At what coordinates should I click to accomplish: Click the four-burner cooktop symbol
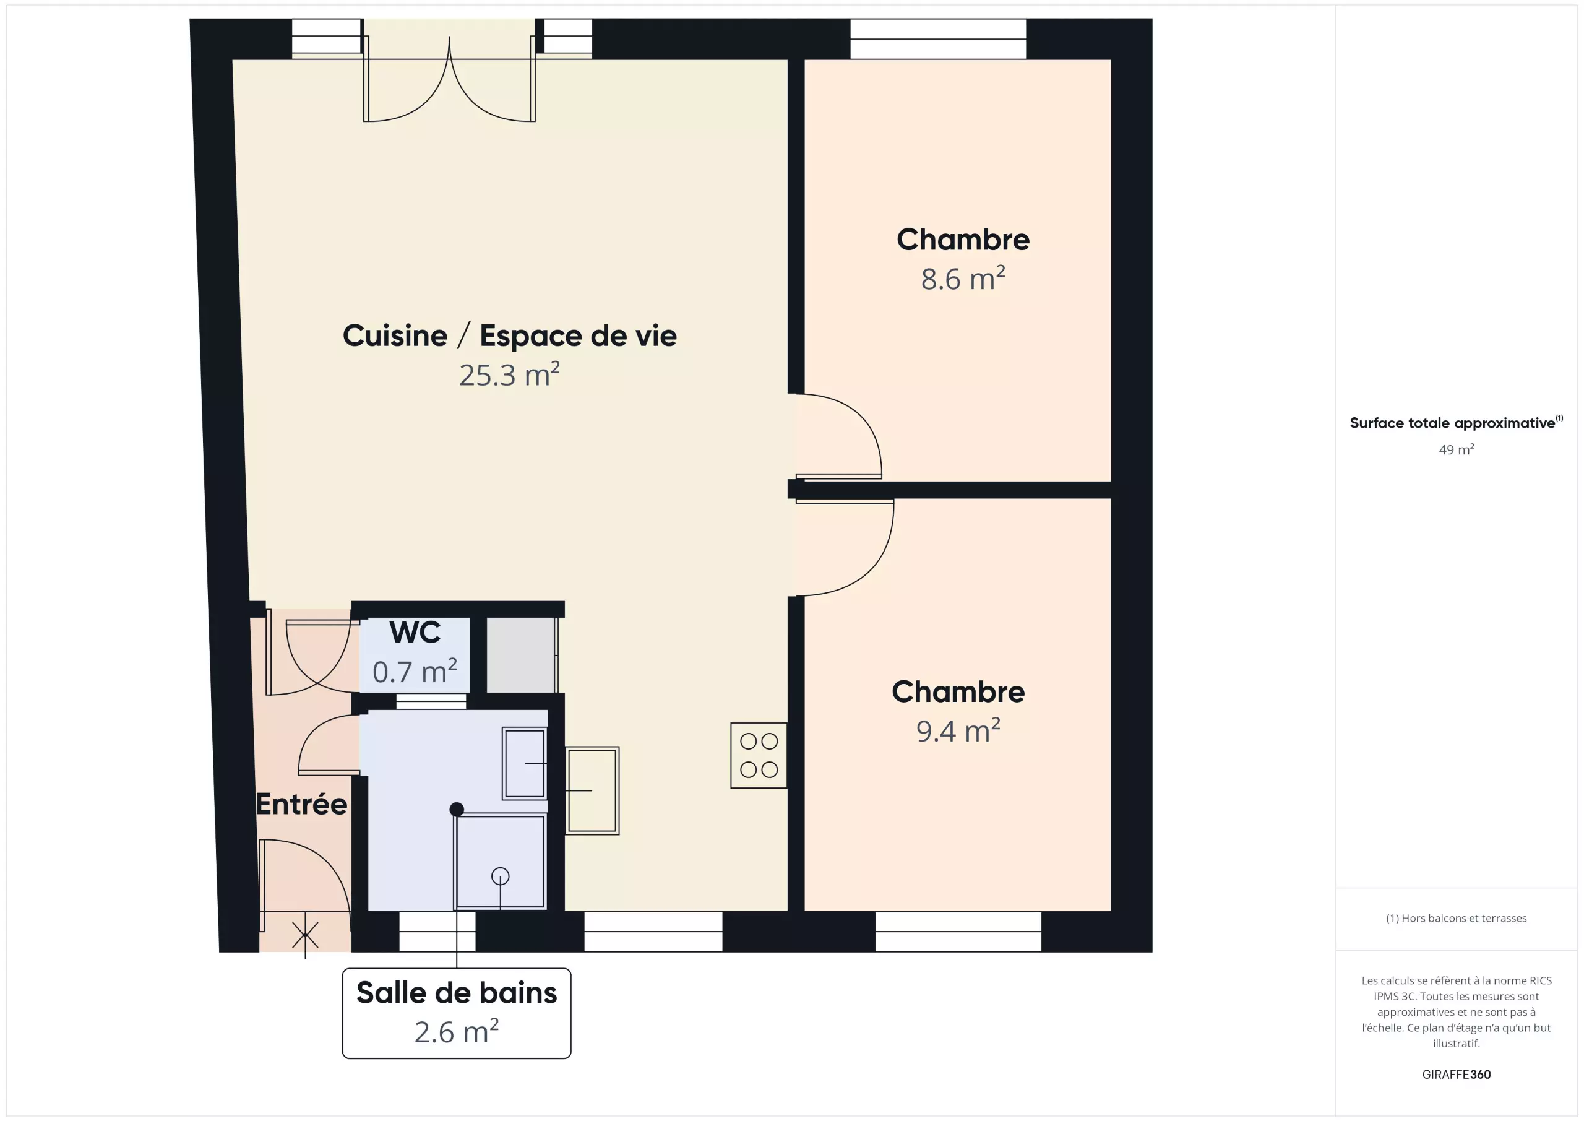tap(759, 755)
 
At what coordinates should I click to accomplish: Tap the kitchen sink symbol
tap(592, 790)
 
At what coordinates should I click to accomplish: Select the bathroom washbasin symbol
tap(524, 763)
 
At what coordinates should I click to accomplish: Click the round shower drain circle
tap(500, 876)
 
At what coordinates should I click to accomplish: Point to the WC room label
tap(415, 632)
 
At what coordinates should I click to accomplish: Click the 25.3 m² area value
tap(509, 375)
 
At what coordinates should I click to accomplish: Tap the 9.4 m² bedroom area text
tap(958, 731)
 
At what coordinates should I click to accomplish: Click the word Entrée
tap(301, 804)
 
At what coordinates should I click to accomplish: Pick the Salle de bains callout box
tap(457, 1013)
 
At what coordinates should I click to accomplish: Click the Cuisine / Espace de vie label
tap(510, 336)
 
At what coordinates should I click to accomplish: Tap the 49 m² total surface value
tap(1457, 449)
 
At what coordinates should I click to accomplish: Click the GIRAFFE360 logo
tap(1457, 1074)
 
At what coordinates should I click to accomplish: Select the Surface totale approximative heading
tap(1457, 422)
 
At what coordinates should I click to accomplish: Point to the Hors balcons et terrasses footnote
tap(1457, 918)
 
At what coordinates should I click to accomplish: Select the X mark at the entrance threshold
tap(305, 936)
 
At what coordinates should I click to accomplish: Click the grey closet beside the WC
tap(521, 655)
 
